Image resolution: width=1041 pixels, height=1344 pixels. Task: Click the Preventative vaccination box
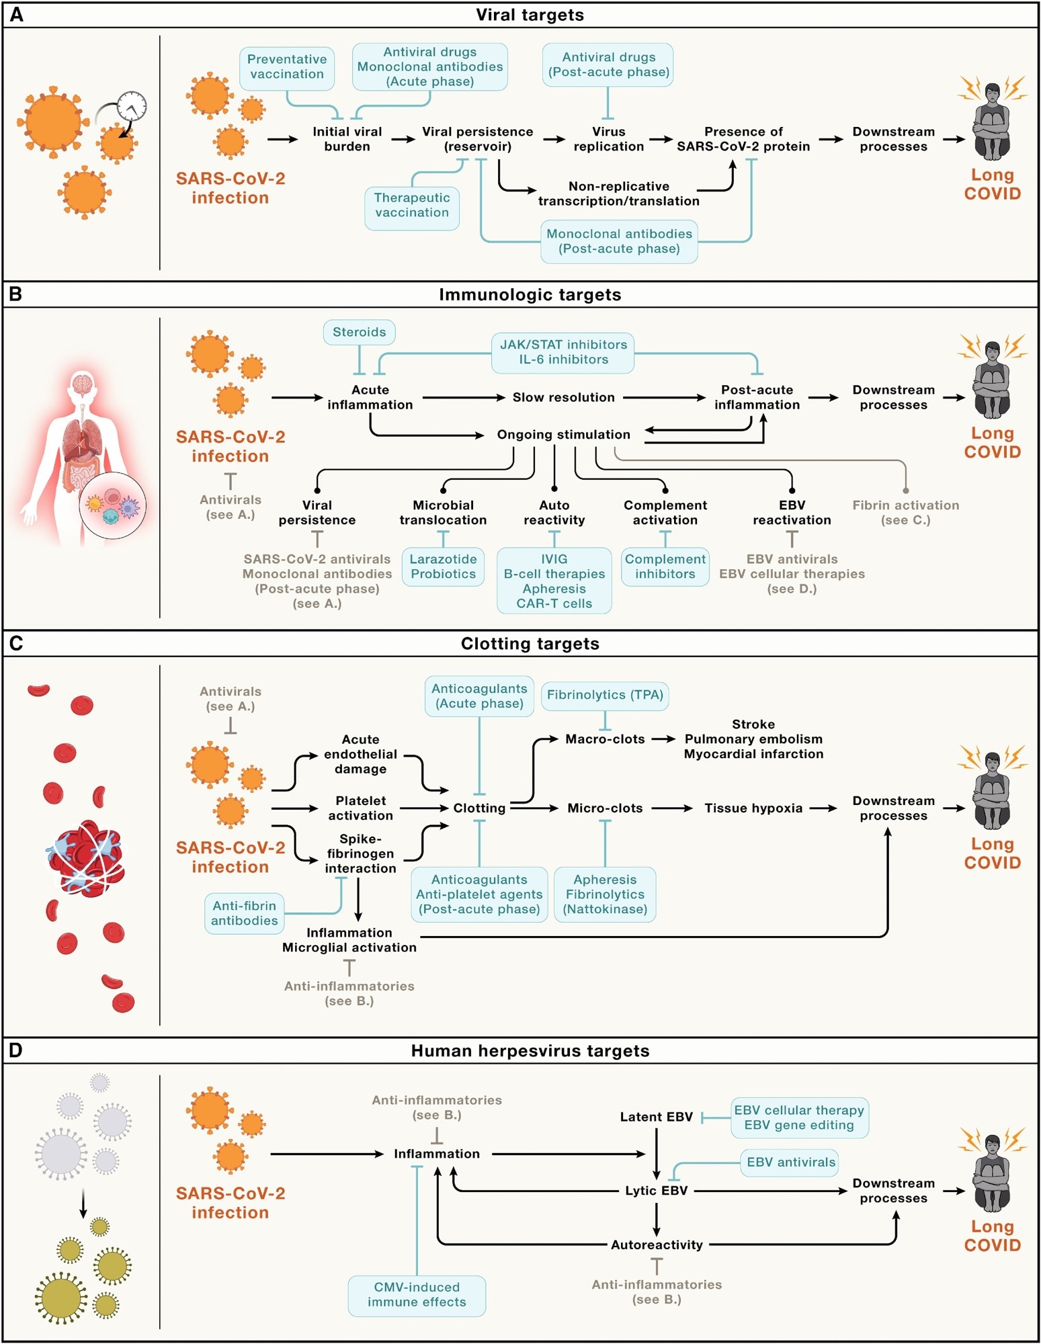tap(287, 67)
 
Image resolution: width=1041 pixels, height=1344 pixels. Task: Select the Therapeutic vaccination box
tap(412, 206)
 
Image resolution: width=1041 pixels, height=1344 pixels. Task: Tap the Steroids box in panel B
tap(359, 332)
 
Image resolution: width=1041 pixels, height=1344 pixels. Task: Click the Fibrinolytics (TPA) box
tap(605, 695)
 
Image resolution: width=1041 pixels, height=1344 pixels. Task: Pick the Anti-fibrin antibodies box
tap(244, 913)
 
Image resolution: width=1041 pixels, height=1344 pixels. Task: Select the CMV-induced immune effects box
tap(417, 1294)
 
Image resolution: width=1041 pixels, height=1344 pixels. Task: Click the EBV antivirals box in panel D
tap(790, 1162)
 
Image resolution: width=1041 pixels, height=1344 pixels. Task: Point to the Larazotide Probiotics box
tap(443, 566)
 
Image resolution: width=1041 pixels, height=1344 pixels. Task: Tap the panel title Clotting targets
tap(530, 644)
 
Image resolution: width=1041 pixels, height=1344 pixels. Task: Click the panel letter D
tap(15, 1051)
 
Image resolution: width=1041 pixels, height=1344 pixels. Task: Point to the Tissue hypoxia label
tap(753, 808)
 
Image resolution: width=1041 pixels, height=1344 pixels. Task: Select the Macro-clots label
tap(605, 739)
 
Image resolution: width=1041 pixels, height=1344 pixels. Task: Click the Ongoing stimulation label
tap(563, 435)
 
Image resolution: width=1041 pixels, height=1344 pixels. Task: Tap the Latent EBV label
tap(656, 1117)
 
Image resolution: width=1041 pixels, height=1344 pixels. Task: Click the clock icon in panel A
tap(132, 106)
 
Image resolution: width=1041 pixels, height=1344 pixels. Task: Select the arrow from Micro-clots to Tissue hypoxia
tap(671, 808)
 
